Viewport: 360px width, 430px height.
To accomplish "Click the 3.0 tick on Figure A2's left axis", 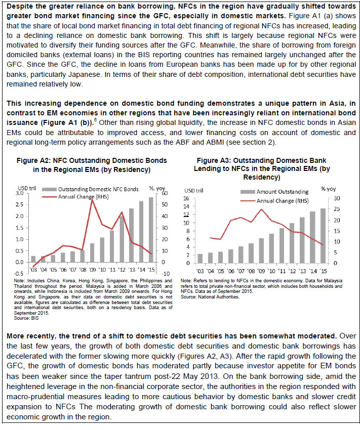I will [x=19, y=194].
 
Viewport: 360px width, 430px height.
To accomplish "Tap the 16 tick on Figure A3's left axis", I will [x=186, y=199].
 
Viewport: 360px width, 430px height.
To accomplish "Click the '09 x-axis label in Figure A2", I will [x=92, y=270].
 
